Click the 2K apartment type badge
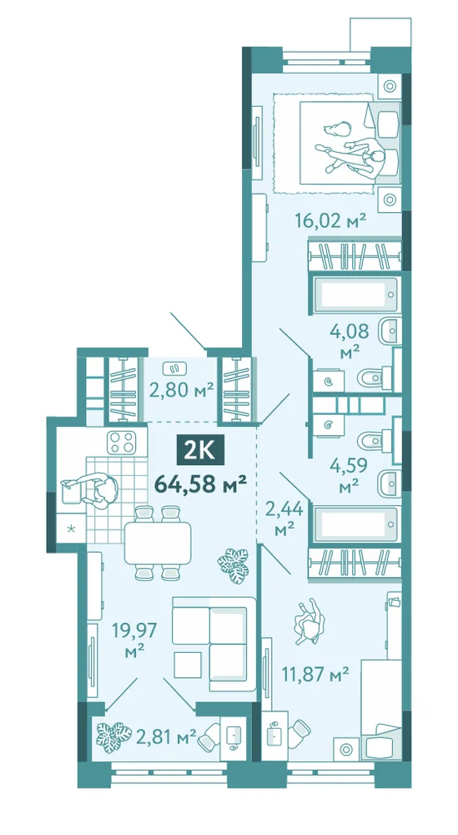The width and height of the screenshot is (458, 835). [x=200, y=453]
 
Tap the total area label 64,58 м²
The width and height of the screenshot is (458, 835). [x=200, y=484]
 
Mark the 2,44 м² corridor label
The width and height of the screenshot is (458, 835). [x=284, y=519]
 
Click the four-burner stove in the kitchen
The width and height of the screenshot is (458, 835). [x=121, y=442]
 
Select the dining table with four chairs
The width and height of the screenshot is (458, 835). [x=158, y=543]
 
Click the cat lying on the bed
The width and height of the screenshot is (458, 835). [x=337, y=129]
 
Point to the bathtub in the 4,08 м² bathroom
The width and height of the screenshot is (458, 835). [x=355, y=295]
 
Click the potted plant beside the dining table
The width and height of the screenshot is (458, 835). [x=233, y=566]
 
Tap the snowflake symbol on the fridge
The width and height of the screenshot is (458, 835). [x=71, y=529]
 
